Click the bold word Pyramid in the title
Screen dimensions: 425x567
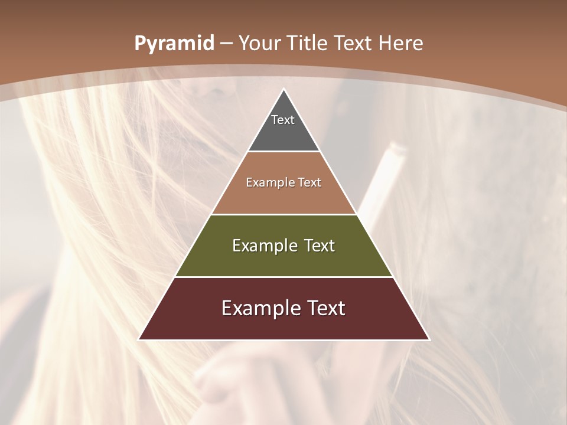pyautogui.click(x=174, y=43)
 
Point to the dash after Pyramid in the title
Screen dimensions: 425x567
pyautogui.click(x=226, y=44)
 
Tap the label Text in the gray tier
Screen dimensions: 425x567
pyautogui.click(x=283, y=120)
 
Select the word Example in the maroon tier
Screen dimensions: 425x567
pyautogui.click(x=258, y=308)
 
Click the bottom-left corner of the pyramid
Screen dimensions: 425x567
pyautogui.click(x=139, y=339)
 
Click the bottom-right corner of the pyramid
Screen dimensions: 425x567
pyautogui.click(x=429, y=339)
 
